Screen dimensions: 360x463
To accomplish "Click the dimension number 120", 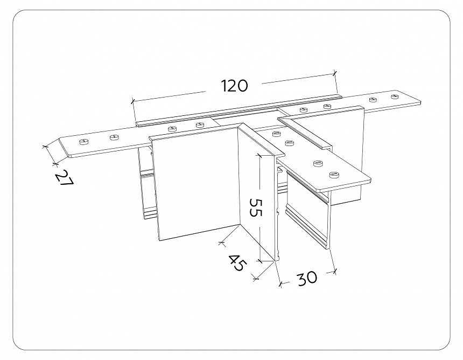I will click(234, 85).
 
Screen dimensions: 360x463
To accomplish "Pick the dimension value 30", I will click(306, 278).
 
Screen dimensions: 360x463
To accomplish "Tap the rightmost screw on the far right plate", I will click(394, 96).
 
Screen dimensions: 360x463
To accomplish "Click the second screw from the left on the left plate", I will click(114, 137).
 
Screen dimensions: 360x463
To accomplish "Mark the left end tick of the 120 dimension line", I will click(132, 101).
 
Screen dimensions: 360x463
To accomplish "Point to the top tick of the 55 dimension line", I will click(259, 155).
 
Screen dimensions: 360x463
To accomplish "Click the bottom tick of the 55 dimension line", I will click(259, 261).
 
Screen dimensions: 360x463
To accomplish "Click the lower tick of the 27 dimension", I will click(54, 162).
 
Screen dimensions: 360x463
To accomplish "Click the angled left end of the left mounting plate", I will click(64, 148).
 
